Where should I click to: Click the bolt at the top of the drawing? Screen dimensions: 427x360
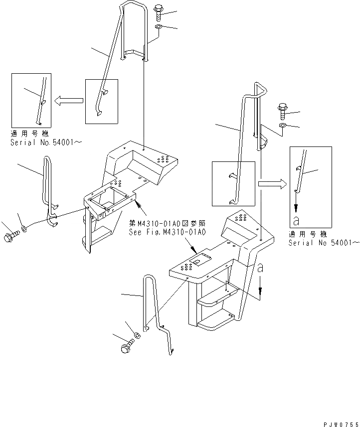point(158,10)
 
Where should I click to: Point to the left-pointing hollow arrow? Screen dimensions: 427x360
point(68,101)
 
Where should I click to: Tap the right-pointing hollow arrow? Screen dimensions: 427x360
point(273,183)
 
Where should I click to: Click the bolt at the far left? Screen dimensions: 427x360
point(9,238)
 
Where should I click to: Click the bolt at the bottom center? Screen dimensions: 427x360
point(127,347)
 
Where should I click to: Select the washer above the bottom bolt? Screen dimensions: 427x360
point(138,335)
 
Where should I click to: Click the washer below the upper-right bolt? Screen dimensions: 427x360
point(282,125)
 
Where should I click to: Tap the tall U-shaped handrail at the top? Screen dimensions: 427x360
point(134,30)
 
